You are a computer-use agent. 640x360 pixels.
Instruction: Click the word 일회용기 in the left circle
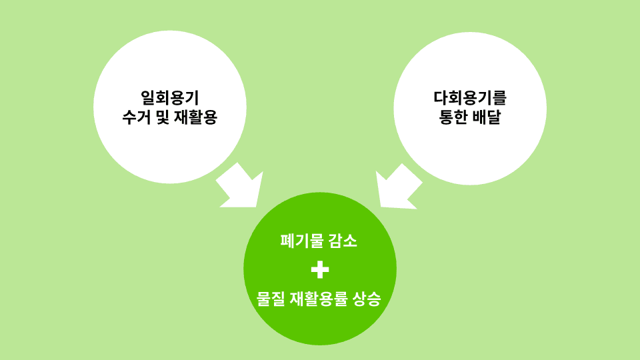[170, 98]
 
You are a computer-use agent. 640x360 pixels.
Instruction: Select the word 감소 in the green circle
[344, 241]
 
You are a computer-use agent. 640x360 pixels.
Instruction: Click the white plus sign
[320, 269]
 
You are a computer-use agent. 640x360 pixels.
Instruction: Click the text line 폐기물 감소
[320, 241]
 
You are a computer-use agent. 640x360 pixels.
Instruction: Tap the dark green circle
[320, 327]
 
